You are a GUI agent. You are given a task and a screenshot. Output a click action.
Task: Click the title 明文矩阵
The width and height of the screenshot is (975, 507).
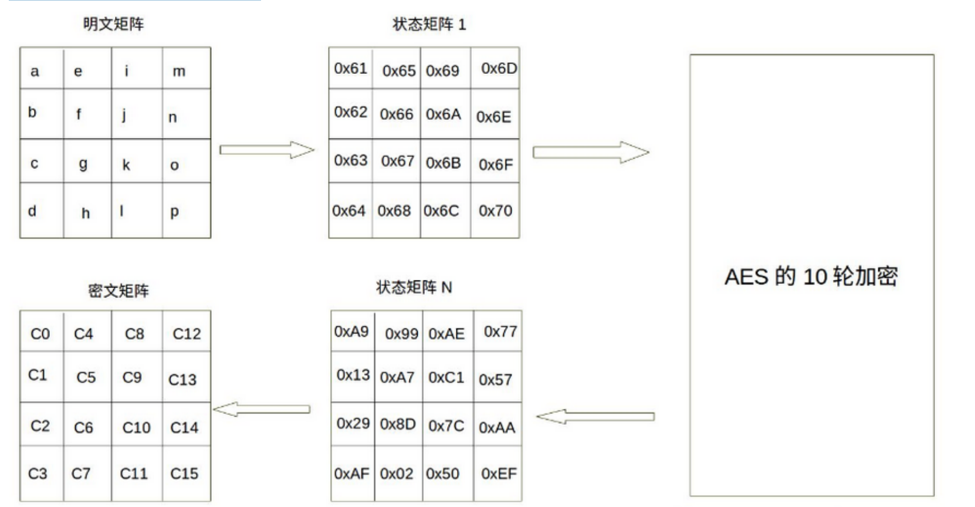pos(113,24)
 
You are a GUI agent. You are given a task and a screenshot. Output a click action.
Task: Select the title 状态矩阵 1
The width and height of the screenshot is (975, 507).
pos(429,24)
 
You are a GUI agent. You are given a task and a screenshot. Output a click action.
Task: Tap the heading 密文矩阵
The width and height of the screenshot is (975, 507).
pos(119,290)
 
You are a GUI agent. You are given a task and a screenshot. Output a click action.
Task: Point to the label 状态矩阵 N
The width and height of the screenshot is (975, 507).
pos(414,287)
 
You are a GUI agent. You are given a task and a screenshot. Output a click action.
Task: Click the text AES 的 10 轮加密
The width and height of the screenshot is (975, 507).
pos(811,276)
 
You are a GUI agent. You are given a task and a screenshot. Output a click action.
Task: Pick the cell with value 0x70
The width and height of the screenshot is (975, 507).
pos(495,211)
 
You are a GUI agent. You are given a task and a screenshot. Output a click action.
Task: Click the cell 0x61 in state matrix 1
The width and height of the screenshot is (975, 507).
pos(350,69)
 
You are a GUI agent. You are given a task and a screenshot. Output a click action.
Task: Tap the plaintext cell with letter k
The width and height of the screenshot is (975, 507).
pos(126,165)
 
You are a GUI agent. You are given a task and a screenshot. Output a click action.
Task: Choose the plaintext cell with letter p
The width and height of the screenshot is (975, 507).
pos(174,211)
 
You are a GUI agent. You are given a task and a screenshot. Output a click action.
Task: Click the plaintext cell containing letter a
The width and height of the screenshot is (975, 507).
pos(35,72)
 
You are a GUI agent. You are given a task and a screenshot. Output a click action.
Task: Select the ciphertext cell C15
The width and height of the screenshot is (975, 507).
pos(184,474)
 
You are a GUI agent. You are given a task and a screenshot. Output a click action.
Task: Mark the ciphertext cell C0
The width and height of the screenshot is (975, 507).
pos(40,334)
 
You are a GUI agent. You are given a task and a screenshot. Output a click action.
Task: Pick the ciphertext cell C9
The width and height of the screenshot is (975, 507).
pos(132,377)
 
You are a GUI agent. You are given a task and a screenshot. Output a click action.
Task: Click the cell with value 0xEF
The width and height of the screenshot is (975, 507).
pos(498,474)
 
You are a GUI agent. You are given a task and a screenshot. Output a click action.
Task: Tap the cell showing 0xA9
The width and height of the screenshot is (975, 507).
pos(351,332)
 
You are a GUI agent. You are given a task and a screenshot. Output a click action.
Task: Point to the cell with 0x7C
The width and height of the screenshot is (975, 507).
pos(446,425)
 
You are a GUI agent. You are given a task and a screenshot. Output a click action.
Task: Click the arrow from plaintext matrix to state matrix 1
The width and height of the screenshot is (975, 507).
pos(266,150)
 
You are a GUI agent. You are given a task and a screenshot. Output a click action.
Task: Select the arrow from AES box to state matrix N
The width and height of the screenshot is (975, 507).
pos(595,417)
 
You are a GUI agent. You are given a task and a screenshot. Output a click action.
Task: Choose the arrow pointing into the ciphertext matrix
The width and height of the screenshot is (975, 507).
pos(261,410)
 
